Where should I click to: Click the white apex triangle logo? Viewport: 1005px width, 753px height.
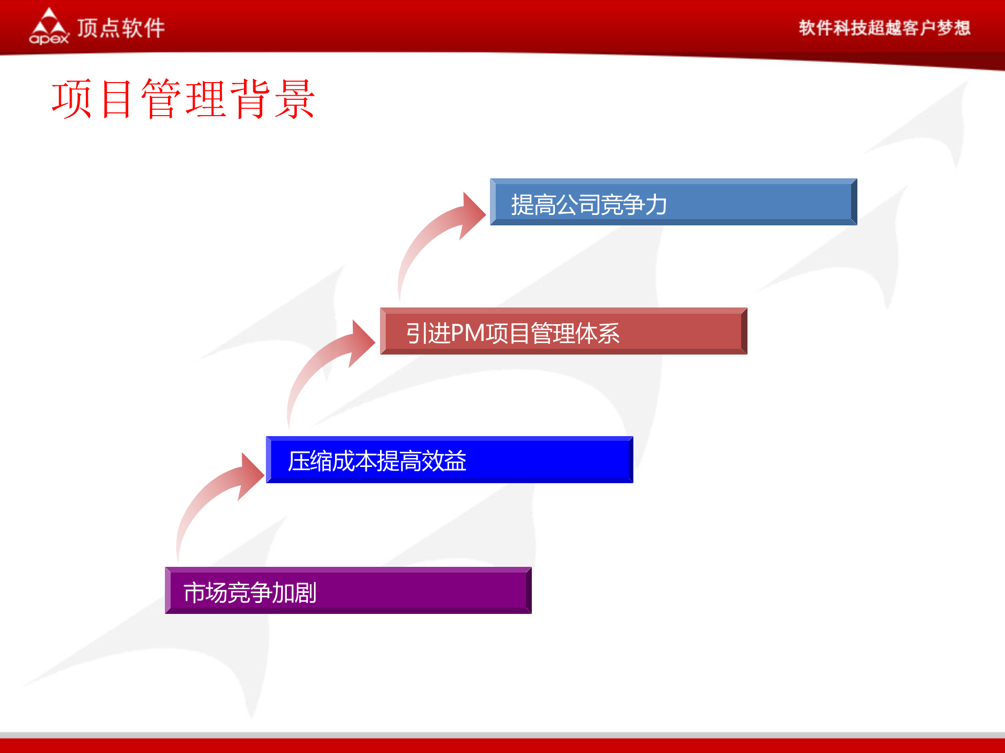[x=49, y=22]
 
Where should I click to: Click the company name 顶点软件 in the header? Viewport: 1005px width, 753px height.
[x=121, y=28]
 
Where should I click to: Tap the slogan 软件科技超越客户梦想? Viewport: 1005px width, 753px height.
[x=884, y=28]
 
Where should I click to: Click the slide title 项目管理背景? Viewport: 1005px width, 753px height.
[x=183, y=99]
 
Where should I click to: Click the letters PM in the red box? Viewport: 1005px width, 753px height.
[x=467, y=333]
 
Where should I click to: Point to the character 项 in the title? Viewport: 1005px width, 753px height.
[x=72, y=99]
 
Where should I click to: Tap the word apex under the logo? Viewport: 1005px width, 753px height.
[x=49, y=39]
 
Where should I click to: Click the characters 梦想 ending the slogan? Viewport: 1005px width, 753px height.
[x=954, y=28]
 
